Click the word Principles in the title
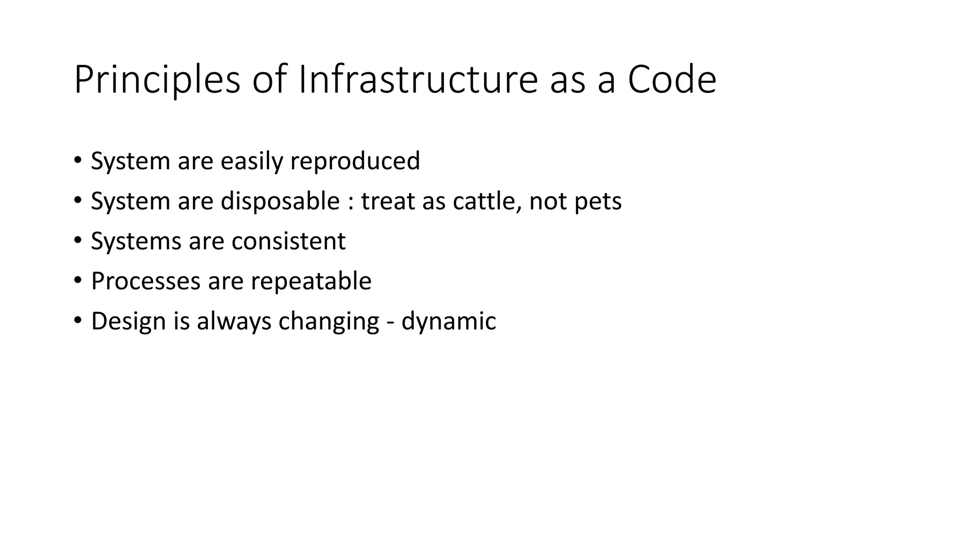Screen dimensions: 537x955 (157, 80)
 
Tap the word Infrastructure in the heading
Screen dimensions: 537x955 (418, 80)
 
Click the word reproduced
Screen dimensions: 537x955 (355, 161)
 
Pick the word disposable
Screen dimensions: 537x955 (280, 201)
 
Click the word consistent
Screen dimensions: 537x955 (289, 241)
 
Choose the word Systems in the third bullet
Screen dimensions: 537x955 (136, 241)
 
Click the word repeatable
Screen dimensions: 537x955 (311, 282)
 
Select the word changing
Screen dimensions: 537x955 (329, 322)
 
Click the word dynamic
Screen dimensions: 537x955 (449, 322)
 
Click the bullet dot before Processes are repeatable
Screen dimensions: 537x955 (77, 281)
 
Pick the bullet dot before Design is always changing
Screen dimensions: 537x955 (77, 321)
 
